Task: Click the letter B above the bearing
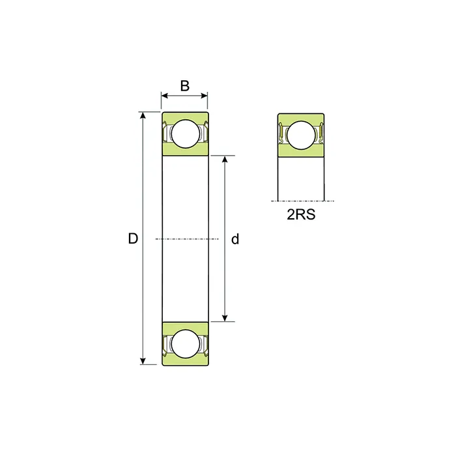click(184, 85)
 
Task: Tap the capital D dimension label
click(133, 239)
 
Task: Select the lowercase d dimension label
click(235, 239)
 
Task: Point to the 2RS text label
click(301, 215)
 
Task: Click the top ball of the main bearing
click(184, 134)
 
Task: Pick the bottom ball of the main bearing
click(184, 343)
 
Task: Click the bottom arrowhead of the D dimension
click(143, 361)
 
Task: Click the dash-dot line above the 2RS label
click(301, 201)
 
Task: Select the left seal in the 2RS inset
click(282, 134)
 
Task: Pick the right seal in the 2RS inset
click(320, 134)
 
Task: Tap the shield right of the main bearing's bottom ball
click(203, 344)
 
